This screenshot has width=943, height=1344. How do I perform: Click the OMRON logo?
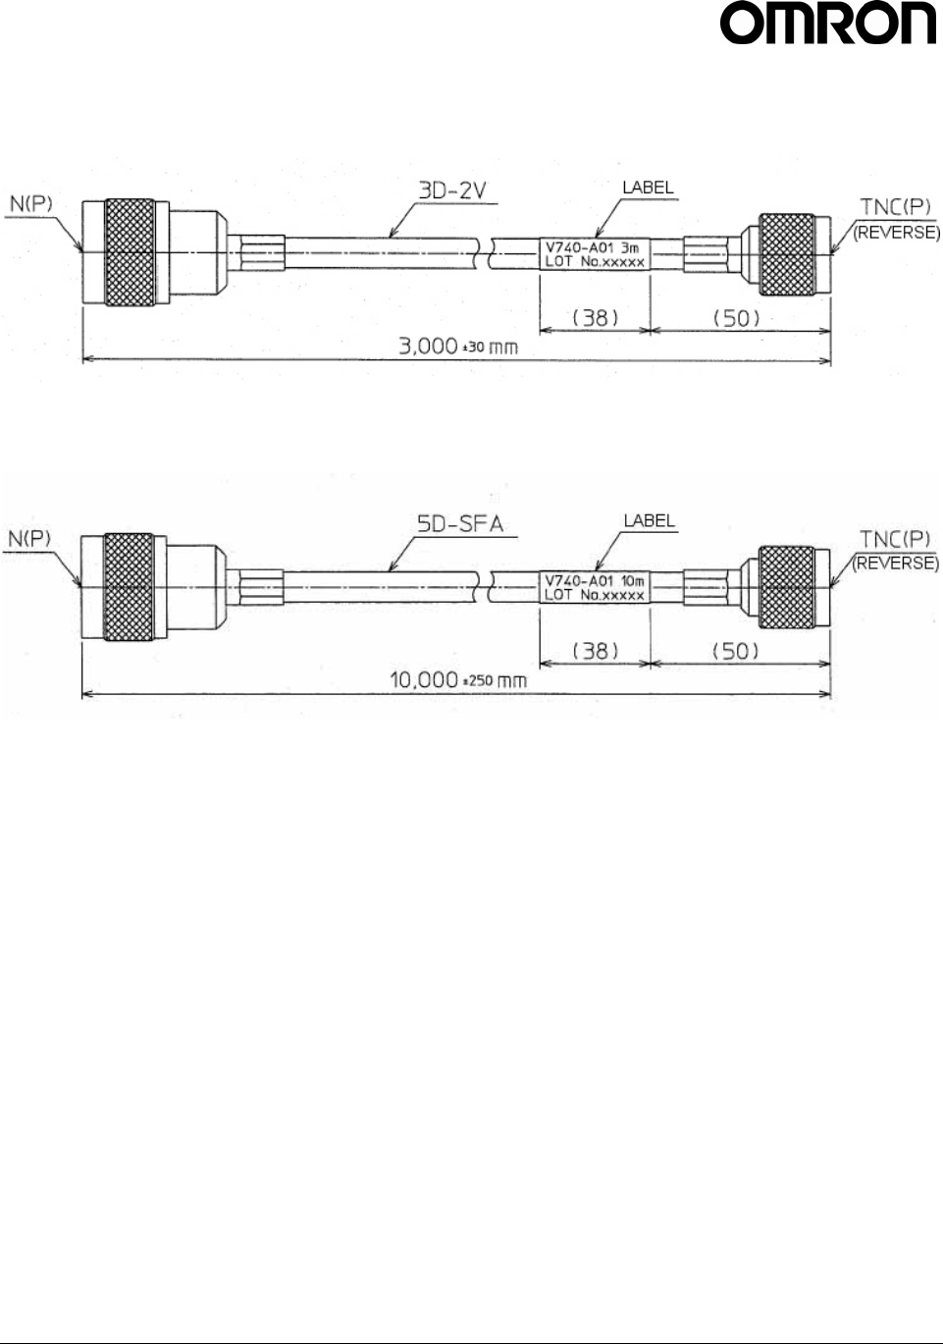[828, 26]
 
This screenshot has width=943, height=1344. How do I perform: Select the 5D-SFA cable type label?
[460, 524]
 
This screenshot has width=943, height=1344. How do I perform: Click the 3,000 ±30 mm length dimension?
[457, 347]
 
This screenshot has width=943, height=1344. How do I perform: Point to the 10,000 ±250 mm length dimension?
[458, 679]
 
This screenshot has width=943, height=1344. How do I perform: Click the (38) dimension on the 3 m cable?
[595, 317]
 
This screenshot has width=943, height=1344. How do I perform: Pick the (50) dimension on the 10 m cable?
[735, 651]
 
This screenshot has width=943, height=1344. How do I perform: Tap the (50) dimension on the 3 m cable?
[736, 317]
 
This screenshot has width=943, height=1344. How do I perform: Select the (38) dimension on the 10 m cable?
[595, 651]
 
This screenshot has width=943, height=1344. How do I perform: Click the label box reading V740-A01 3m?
[595, 254]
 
